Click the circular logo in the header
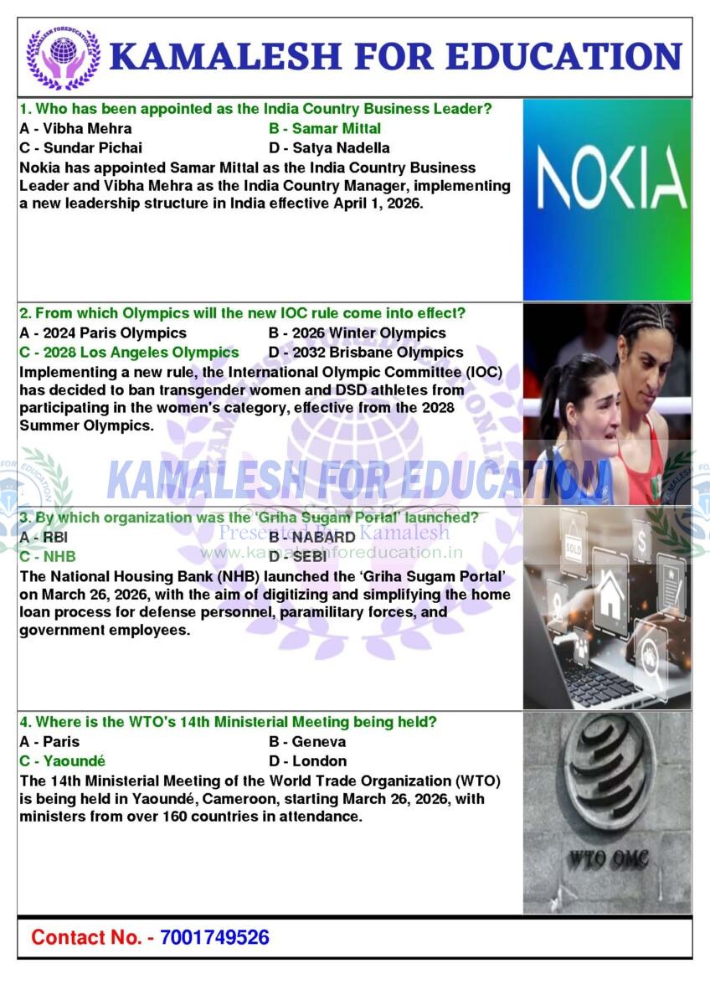(63, 57)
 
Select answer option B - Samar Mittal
(325, 128)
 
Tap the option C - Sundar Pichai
(80, 148)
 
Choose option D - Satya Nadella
(329, 148)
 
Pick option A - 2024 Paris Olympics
(103, 333)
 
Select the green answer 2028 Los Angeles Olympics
(129, 353)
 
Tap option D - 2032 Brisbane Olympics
(366, 353)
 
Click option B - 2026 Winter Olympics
(358, 333)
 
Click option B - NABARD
(312, 537)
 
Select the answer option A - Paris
(49, 742)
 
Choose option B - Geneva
(307, 742)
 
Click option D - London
(308, 761)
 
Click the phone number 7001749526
(214, 937)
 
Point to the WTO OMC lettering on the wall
(609, 858)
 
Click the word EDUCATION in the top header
(564, 56)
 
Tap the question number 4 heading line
(227, 722)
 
